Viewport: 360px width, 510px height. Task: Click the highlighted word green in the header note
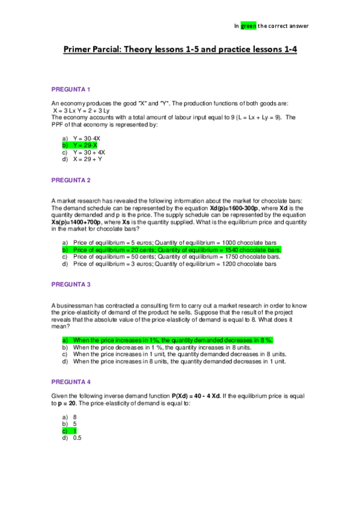[248, 26]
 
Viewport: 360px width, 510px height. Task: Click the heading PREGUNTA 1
[70, 90]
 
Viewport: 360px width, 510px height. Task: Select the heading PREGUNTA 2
[70, 180]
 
